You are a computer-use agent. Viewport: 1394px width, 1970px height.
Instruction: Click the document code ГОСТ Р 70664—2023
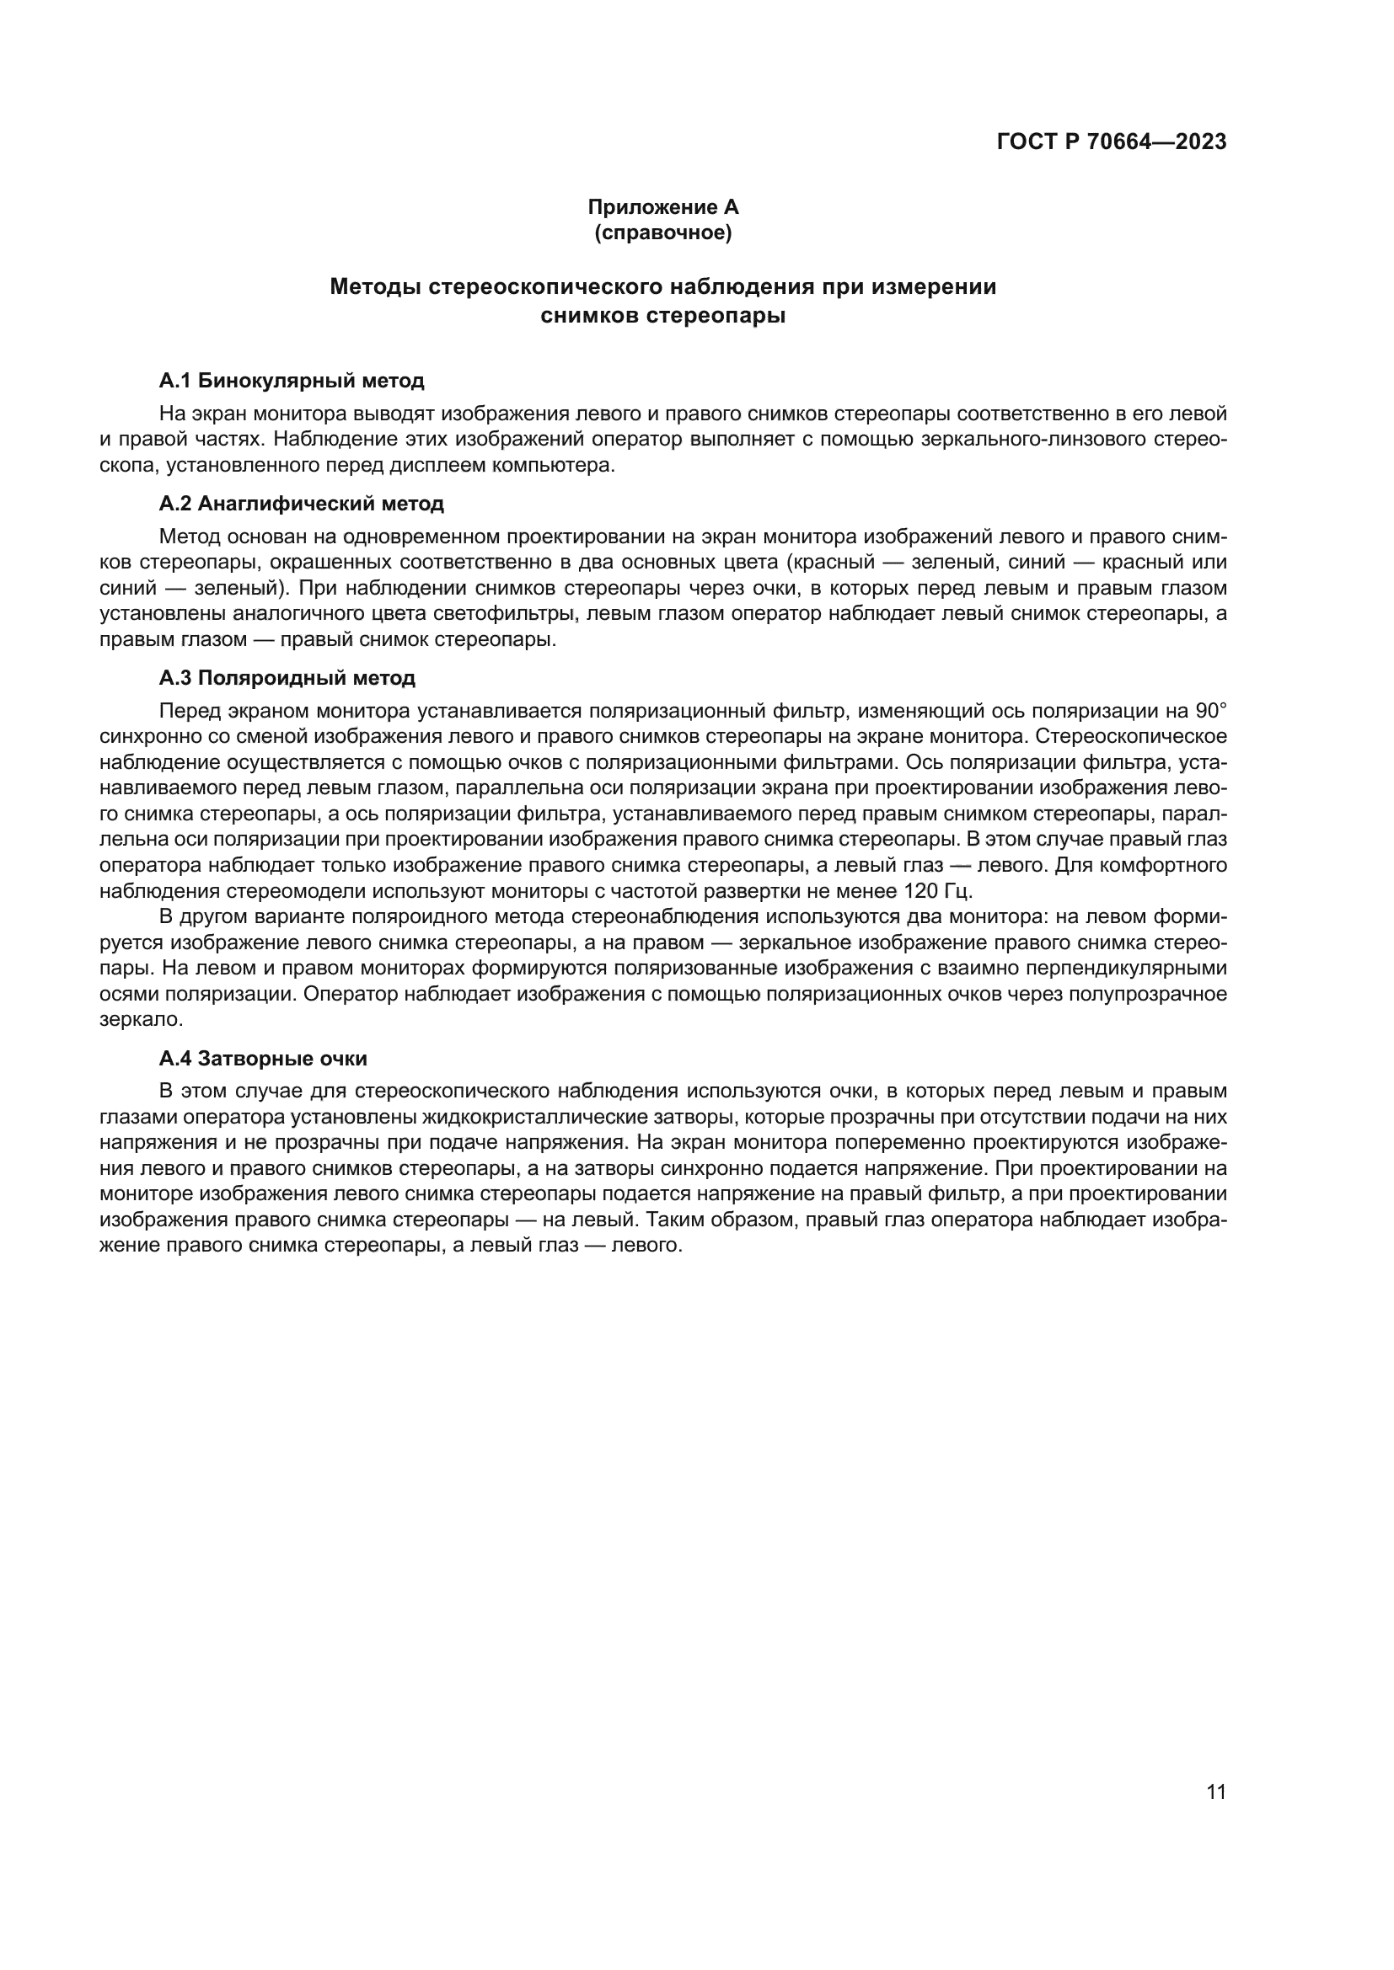point(1112,141)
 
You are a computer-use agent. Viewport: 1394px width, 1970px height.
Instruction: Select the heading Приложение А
point(662,207)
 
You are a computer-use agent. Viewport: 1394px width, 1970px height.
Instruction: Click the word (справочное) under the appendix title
point(662,232)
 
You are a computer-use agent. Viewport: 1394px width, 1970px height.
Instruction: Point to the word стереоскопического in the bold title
point(545,286)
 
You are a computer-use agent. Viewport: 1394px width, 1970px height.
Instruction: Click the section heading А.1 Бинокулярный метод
point(292,380)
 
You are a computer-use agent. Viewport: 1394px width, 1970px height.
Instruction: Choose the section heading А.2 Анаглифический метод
point(301,504)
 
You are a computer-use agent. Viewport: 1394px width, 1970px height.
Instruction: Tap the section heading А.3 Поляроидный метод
point(287,678)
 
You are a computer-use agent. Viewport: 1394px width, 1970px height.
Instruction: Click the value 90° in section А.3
point(1209,712)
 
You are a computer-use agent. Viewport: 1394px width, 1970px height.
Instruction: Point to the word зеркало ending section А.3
point(141,1020)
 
